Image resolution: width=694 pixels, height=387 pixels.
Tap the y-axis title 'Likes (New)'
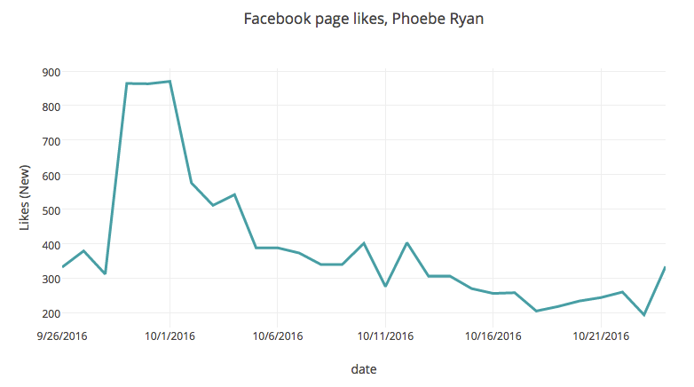[25, 192]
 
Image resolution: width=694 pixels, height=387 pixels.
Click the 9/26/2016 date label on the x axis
[62, 336]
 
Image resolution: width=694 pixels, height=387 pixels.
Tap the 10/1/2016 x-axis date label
[170, 336]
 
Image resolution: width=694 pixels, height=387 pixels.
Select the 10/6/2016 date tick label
[278, 336]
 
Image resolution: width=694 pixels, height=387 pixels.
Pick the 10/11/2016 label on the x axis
[386, 336]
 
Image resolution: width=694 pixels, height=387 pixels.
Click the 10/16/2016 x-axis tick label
[494, 336]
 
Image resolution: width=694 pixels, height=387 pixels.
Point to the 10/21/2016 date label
[602, 336]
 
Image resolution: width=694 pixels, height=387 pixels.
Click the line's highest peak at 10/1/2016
[170, 82]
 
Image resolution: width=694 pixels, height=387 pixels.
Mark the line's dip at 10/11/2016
[385, 286]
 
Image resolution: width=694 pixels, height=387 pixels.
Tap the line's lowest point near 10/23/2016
[644, 315]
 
